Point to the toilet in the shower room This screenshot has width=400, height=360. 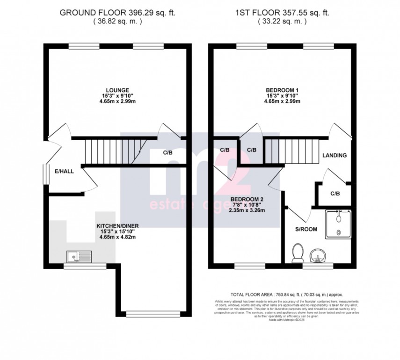coord(296,253)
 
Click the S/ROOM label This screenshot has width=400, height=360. coord(306,229)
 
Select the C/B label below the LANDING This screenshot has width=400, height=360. coord(335,193)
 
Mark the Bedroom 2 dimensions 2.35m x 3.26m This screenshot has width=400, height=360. coord(247,210)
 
